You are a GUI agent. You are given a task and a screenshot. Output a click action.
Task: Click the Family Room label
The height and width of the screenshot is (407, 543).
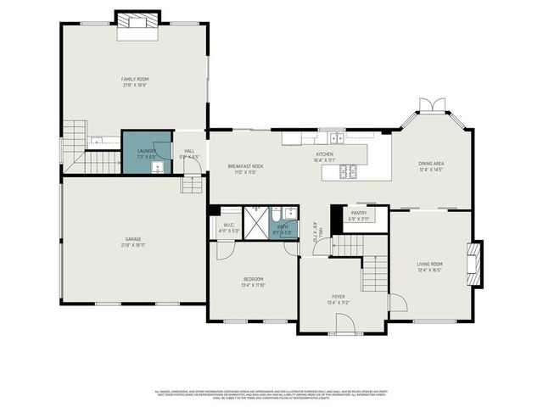(134, 79)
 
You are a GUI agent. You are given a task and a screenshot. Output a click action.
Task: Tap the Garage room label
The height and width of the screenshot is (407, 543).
(134, 239)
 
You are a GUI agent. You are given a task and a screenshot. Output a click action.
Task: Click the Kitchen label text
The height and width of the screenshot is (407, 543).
(325, 154)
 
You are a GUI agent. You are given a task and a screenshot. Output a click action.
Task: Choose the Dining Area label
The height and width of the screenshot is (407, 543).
(431, 164)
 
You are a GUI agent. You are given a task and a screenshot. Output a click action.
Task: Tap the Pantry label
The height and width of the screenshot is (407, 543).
(359, 213)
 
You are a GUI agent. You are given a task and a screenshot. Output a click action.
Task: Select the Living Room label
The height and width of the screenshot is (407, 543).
(429, 264)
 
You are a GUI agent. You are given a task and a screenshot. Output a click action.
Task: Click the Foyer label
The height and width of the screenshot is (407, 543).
(339, 296)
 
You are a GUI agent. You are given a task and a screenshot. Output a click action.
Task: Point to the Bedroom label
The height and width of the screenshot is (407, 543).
(253, 279)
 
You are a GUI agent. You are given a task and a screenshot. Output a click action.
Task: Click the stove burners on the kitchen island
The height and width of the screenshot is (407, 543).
(349, 171)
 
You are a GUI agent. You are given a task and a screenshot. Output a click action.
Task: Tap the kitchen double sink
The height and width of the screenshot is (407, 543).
(337, 137)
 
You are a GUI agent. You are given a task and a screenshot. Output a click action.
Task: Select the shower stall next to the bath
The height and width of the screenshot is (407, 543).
(255, 219)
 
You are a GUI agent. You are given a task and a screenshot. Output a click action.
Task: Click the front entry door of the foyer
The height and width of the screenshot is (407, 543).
(344, 323)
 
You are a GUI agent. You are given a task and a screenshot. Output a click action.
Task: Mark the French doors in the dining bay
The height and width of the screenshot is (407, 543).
(434, 104)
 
